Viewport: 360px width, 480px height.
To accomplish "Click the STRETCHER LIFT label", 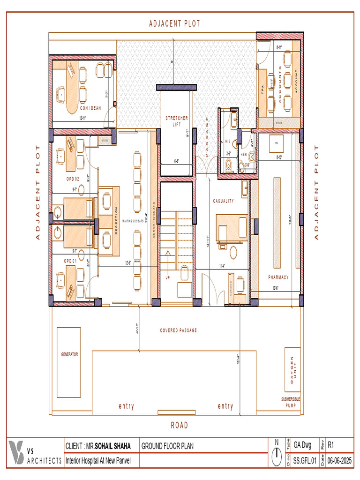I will point(177,121).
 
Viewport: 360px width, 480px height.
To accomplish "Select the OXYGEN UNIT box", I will point(292,370).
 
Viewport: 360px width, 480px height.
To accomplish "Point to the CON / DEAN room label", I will point(90,108).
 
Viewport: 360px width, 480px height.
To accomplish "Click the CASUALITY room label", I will point(224,201).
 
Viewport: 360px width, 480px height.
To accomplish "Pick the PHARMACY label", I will point(278,277).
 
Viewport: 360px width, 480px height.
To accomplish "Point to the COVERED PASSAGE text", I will point(178,330).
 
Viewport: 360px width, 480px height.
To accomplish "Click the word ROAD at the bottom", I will point(179,425).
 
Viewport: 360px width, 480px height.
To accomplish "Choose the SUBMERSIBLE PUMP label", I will point(291,402).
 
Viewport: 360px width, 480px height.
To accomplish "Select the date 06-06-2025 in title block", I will point(339,461).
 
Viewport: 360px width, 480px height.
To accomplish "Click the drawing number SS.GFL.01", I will point(305,461).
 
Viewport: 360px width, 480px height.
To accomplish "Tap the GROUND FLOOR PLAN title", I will point(167,446).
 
